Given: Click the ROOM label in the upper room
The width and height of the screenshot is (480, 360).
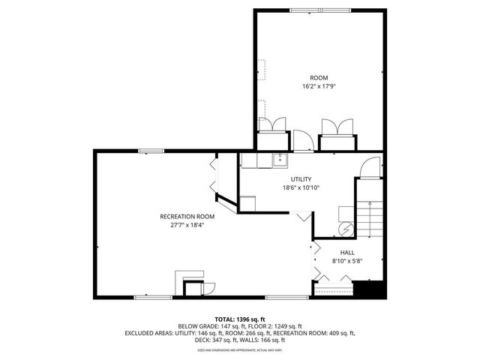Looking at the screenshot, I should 319,78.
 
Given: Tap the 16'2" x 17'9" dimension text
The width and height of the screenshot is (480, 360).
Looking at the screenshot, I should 319,86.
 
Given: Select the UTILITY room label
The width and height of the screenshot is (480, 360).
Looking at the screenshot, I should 301,179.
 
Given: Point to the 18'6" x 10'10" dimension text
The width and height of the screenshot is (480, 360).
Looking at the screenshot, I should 301,187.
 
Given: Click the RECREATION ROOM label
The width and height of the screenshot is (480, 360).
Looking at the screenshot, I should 181,216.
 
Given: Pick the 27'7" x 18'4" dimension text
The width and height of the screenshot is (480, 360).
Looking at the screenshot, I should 181,224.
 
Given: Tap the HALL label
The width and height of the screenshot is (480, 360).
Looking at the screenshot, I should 347,253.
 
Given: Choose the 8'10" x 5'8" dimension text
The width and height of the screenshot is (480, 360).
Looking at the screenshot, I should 347,261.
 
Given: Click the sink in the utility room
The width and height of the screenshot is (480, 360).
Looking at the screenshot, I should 278,159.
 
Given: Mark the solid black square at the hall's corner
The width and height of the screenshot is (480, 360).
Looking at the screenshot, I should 370,289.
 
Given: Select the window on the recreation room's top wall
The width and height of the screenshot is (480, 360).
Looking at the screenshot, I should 152,151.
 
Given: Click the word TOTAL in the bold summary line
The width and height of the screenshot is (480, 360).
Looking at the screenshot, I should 227,319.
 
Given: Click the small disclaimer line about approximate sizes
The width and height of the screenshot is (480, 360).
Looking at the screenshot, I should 239,349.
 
